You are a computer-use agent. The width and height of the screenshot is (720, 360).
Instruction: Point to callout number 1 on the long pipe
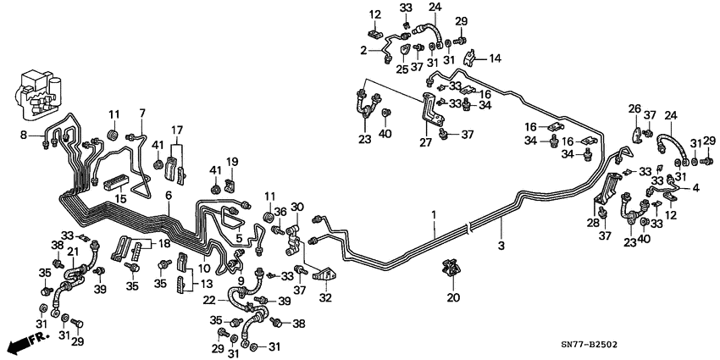(x=434, y=217)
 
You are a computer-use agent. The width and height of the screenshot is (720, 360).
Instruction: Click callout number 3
(x=501, y=246)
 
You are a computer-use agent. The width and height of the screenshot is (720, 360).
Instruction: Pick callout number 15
(x=120, y=197)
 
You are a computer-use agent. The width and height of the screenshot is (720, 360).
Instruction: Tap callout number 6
(x=169, y=196)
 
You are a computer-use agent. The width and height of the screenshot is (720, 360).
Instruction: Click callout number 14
(x=496, y=58)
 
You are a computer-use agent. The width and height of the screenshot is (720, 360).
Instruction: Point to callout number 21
(x=73, y=252)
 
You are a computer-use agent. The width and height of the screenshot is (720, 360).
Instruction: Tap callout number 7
(x=142, y=114)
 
